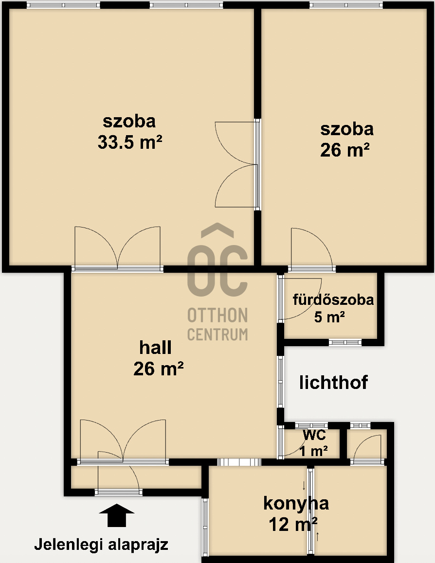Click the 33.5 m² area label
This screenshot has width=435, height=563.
(x=130, y=142)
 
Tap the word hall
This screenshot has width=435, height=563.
(x=155, y=347)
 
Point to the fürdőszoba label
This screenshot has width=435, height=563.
(x=333, y=299)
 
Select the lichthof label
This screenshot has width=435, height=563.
(x=333, y=383)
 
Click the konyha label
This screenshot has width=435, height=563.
(x=296, y=503)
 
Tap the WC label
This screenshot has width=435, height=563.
(x=314, y=435)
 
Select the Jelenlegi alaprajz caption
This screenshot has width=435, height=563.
(x=101, y=545)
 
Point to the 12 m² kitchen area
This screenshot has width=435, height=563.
(x=293, y=524)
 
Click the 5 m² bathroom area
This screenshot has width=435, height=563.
(x=329, y=317)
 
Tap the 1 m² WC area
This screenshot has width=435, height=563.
(x=313, y=451)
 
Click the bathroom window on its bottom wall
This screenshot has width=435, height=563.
(x=345, y=342)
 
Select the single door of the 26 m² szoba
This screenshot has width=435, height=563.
(x=312, y=249)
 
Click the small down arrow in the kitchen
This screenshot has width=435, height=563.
(x=304, y=486)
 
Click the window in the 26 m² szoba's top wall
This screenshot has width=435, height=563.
(x=346, y=5)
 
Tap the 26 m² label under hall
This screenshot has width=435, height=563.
(x=159, y=369)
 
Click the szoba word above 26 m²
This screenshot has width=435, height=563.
(x=346, y=129)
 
